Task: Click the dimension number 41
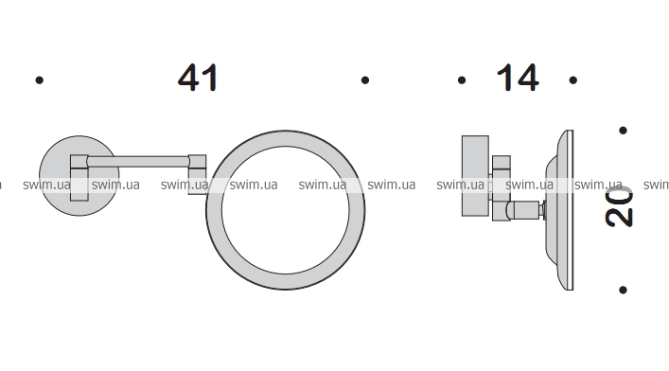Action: click(198, 78)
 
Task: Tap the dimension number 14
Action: click(518, 78)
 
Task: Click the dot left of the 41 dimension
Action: click(39, 79)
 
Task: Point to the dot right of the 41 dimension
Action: click(365, 79)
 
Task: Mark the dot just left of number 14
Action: click(462, 79)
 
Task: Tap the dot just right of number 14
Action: click(573, 79)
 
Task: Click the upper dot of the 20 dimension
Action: click(623, 131)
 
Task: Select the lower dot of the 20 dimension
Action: click(623, 290)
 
